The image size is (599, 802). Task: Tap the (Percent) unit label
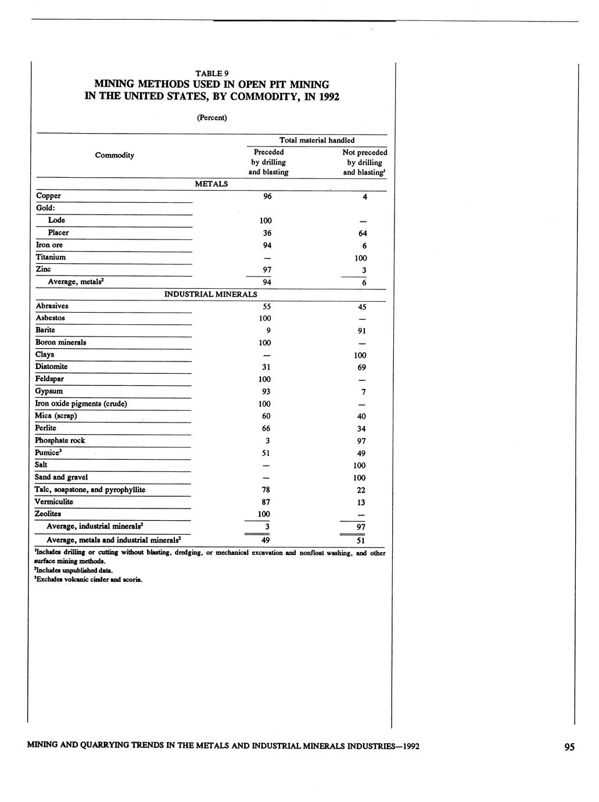coord(211,117)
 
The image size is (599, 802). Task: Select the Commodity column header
coord(114,155)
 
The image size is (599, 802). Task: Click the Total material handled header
coord(317,140)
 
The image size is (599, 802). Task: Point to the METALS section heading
coord(211,184)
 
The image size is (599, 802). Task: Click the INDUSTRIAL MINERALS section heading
coord(210,294)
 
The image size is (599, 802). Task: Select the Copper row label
coord(48,196)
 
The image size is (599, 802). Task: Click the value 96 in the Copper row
coord(267,196)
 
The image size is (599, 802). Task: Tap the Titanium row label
coord(51,257)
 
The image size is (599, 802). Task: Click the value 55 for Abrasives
coord(266,306)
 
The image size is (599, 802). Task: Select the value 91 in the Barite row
coord(361,331)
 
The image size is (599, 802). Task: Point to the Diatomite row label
coord(51,367)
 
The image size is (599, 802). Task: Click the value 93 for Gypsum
coord(266,392)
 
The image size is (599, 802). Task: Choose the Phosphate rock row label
coord(60,441)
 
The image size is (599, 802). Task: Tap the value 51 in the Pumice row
coord(266,453)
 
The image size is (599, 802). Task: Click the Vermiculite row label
coord(54,502)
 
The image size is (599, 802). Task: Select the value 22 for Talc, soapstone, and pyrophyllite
coord(361,490)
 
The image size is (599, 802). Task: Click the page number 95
coord(569,747)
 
